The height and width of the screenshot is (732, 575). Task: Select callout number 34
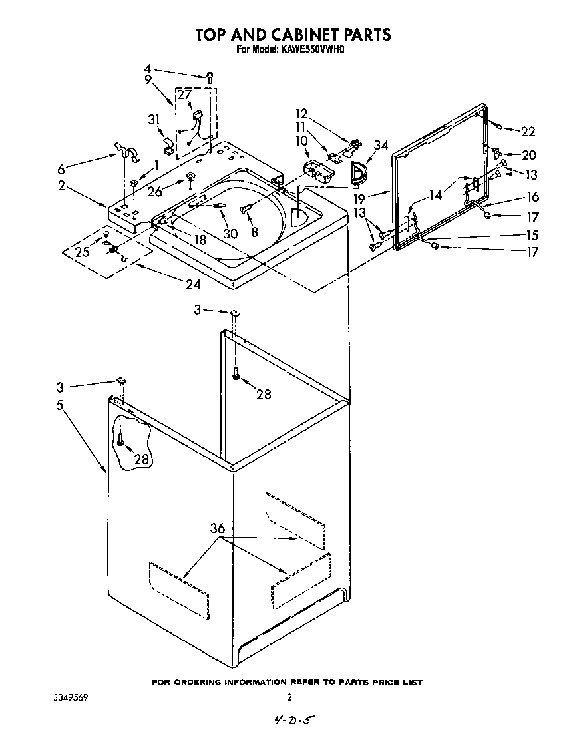[381, 146]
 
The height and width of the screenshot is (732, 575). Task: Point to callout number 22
[528, 132]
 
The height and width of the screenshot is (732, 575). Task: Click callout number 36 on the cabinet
[217, 529]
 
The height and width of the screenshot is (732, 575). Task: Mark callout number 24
[192, 284]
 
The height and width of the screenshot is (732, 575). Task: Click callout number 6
[61, 169]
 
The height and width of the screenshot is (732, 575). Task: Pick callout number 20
[529, 155]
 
